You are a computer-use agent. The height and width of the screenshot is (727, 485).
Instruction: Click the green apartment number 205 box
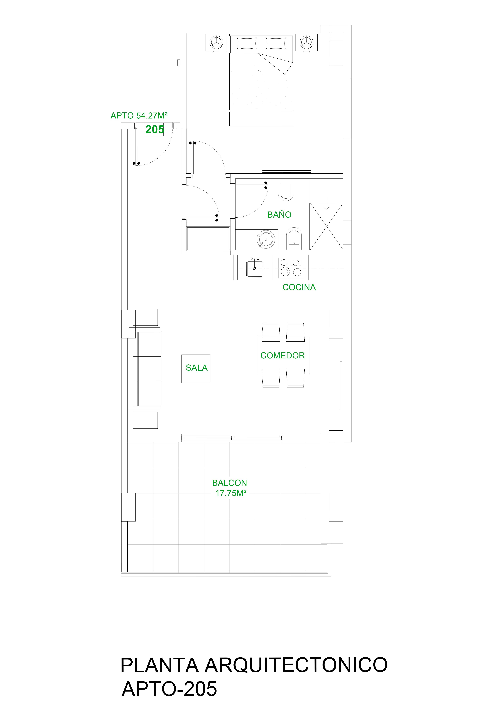[x=155, y=130]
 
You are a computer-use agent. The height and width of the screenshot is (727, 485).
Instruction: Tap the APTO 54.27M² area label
[x=139, y=116]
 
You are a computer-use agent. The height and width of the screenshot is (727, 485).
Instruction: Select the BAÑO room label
[x=279, y=214]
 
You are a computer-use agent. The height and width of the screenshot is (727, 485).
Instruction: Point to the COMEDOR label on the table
[x=283, y=355]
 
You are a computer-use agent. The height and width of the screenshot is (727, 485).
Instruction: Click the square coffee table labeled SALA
[x=196, y=369]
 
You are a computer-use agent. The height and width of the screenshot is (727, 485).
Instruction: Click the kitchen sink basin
[x=255, y=269]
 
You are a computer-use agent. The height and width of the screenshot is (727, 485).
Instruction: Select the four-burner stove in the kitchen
[x=291, y=267]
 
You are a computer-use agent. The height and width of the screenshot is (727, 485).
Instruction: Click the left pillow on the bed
[x=247, y=43]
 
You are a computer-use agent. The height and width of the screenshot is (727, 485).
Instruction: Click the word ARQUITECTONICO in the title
[x=296, y=665]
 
